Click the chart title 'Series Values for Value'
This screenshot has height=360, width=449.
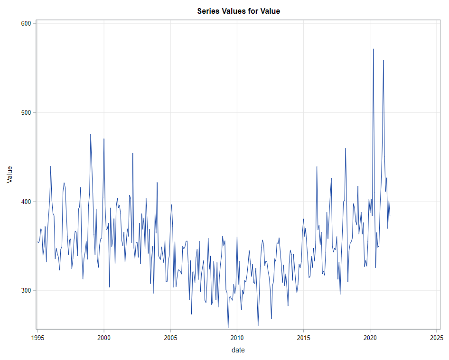point(238,11)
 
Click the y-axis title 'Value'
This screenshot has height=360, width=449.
point(9,175)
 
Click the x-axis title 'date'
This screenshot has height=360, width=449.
point(238,350)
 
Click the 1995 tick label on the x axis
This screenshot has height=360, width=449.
point(38,338)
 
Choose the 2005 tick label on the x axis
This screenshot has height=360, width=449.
point(170,338)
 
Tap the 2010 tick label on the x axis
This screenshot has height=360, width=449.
point(237,338)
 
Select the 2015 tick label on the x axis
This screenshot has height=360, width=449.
point(303,338)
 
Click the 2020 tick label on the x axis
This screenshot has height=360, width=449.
point(370,338)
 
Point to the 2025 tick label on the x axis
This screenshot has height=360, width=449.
point(436,338)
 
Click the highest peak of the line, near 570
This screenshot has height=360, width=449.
point(374,49)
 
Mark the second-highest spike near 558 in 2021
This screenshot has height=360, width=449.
point(384,60)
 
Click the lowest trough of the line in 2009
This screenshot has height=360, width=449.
point(228,327)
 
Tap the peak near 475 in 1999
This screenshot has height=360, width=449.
point(91,134)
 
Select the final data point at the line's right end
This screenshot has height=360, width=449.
point(390,216)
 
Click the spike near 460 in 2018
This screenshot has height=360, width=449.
point(346,148)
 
